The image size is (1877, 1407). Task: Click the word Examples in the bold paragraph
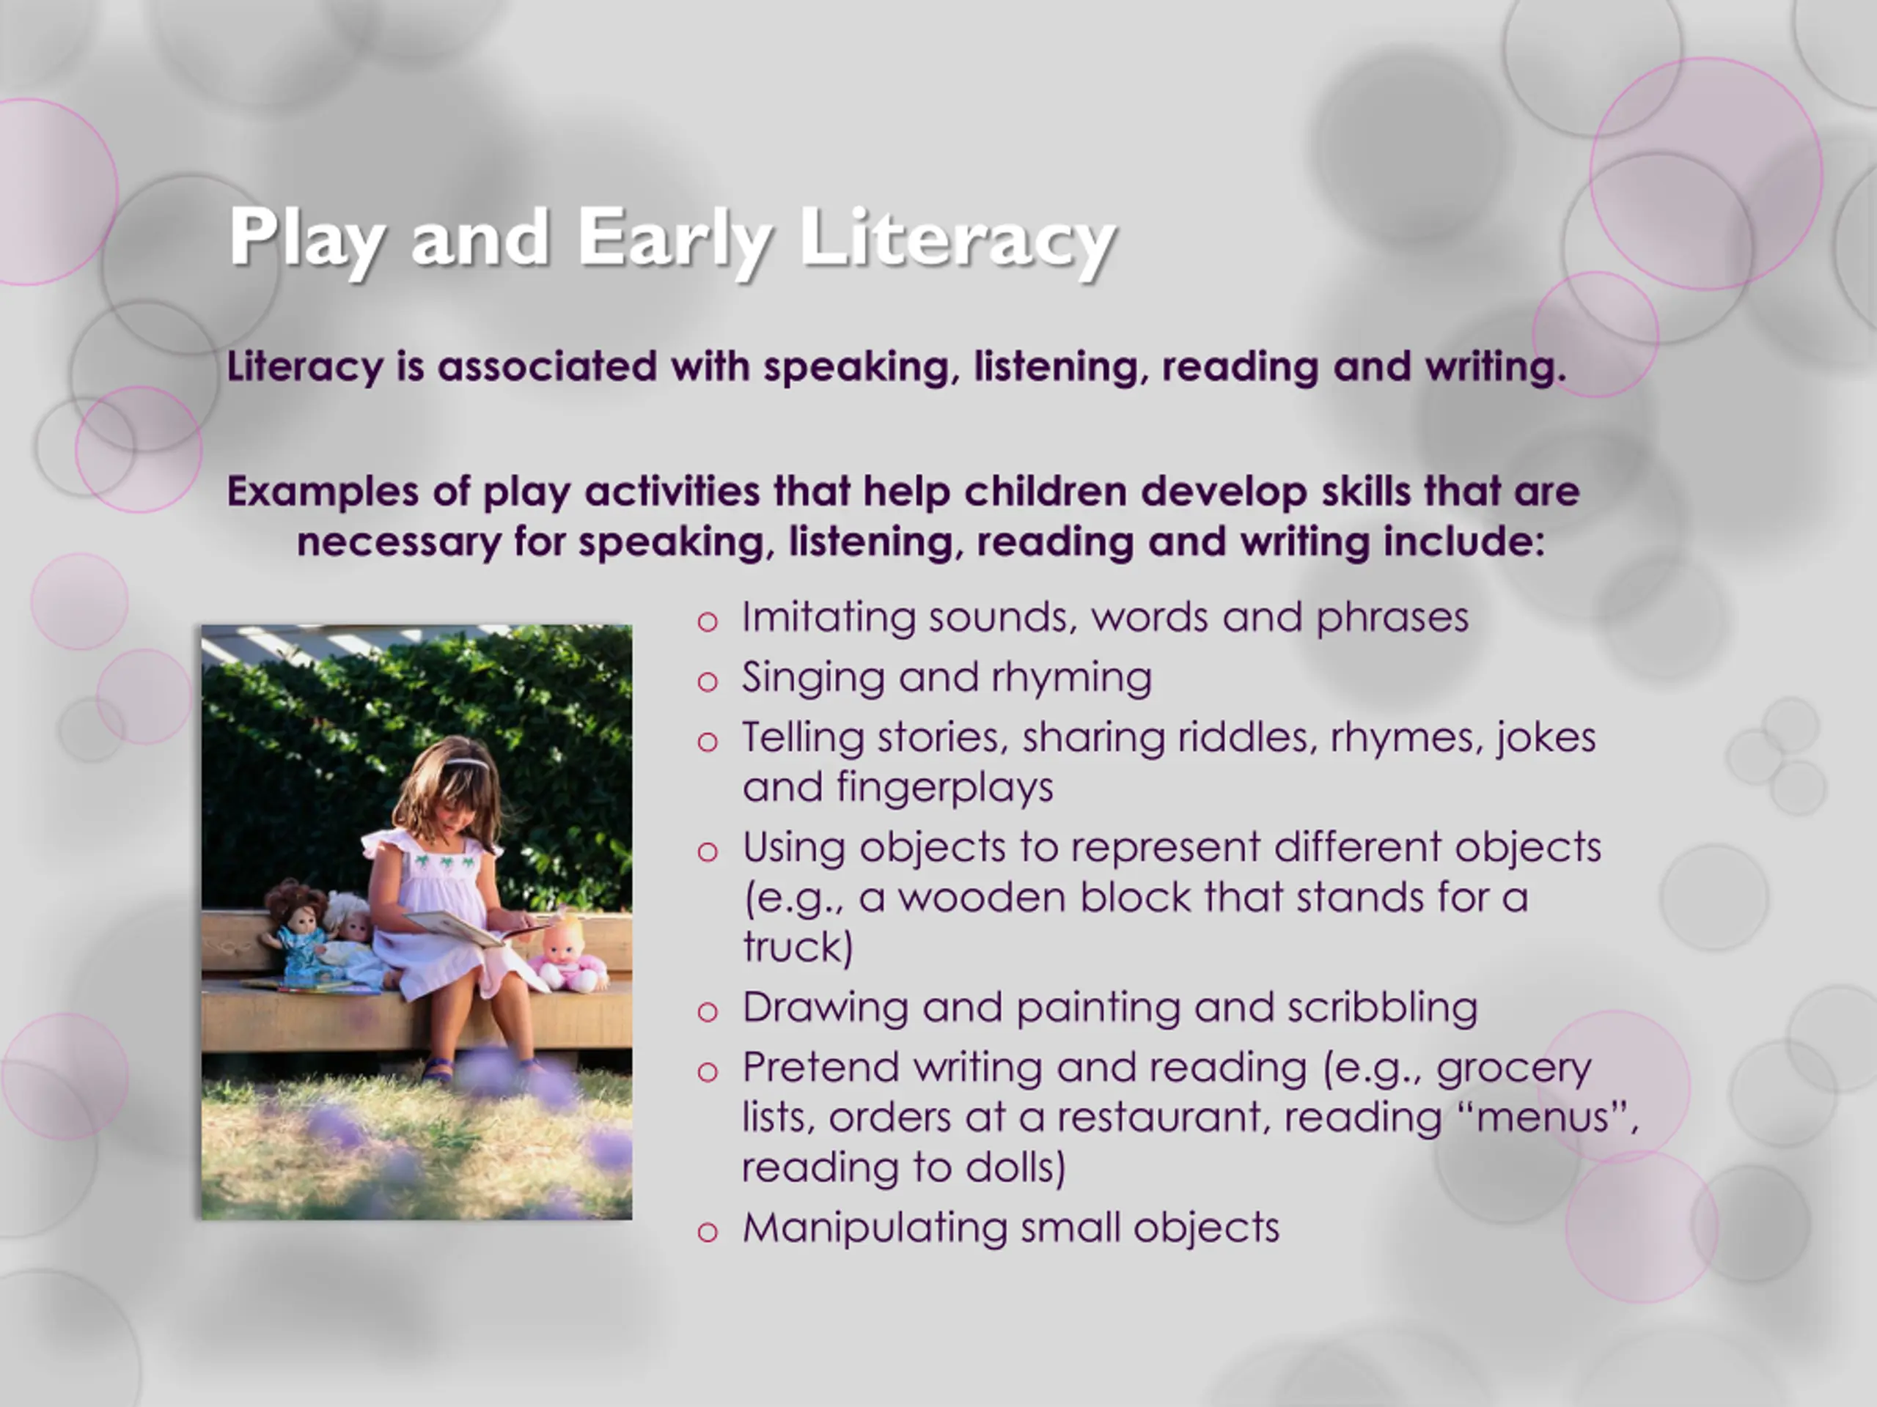pos(323,492)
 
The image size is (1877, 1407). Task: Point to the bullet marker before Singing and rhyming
pos(707,681)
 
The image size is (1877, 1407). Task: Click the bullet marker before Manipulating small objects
pos(707,1231)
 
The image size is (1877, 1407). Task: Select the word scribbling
pos(1382,1008)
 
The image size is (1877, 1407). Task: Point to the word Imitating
pos(829,618)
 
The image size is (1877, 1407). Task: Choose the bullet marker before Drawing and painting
pos(707,1012)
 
